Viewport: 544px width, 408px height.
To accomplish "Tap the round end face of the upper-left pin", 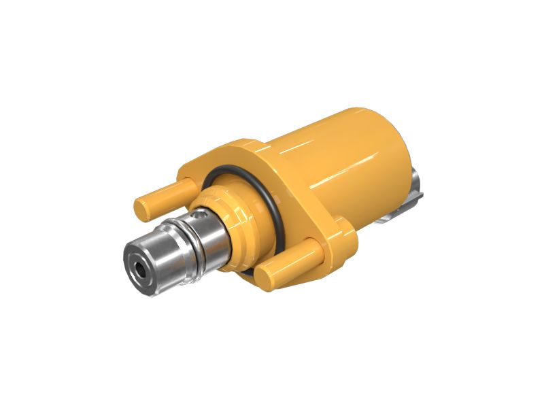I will pos(143,207).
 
